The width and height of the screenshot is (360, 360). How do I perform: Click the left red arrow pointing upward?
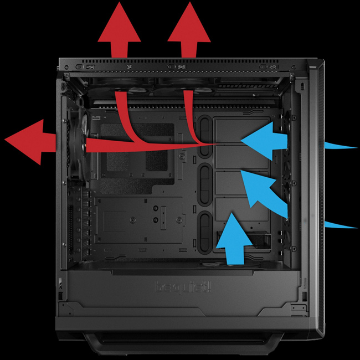click(119, 30)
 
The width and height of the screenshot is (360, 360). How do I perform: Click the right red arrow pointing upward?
click(189, 30)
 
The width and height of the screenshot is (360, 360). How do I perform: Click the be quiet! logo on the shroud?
click(183, 287)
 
